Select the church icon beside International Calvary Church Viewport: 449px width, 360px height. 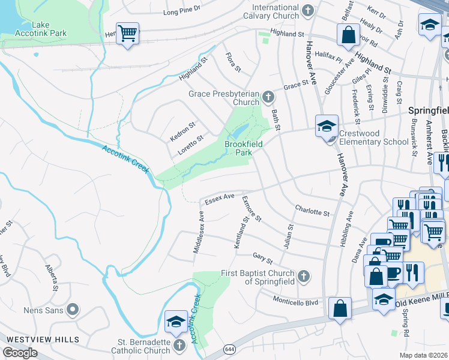(x=308, y=10)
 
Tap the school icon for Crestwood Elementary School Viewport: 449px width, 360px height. (x=327, y=126)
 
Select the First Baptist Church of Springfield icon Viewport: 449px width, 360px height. (x=304, y=277)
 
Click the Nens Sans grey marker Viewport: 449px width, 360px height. (x=73, y=310)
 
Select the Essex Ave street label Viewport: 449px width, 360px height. (x=219, y=199)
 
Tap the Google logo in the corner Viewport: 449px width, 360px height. (x=20, y=353)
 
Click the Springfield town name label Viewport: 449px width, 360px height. (x=428, y=111)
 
